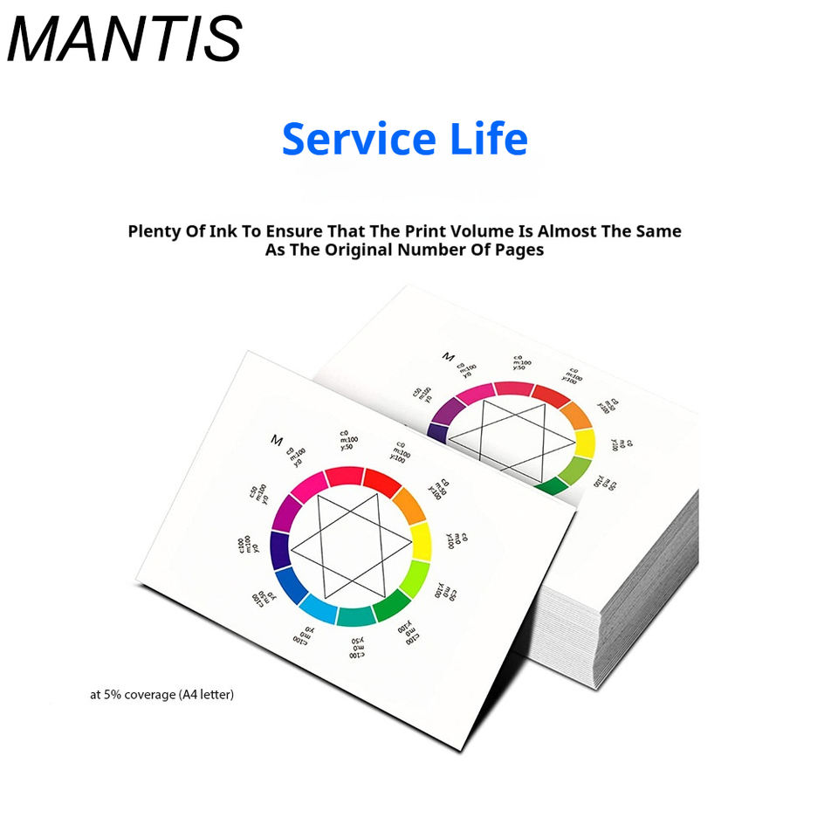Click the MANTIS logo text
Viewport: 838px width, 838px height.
click(x=124, y=39)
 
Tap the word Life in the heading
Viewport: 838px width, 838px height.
click(x=485, y=140)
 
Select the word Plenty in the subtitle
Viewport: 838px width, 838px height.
click(x=158, y=231)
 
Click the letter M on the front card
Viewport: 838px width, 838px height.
click(x=278, y=439)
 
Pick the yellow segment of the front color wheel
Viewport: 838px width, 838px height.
click(x=421, y=541)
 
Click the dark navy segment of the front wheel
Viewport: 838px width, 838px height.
click(x=280, y=550)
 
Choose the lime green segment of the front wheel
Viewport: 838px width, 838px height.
click(x=413, y=579)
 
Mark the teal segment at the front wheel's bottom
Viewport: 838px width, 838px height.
click(x=355, y=616)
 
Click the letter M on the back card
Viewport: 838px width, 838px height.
click(x=449, y=357)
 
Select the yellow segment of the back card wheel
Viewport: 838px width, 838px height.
click(x=583, y=443)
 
